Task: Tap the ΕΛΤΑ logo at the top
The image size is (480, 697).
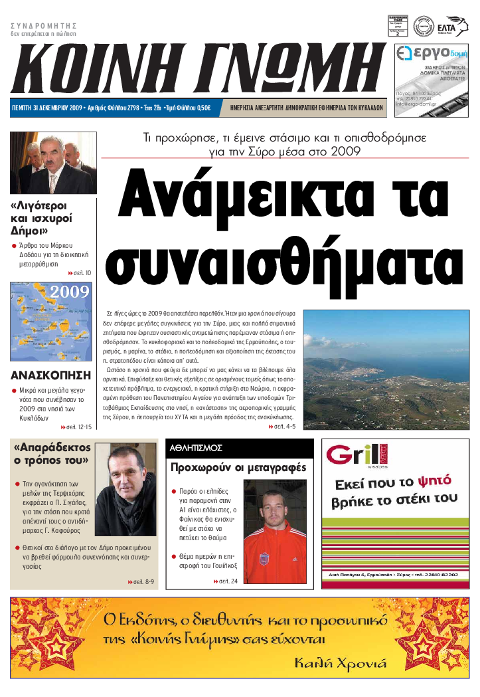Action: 456,26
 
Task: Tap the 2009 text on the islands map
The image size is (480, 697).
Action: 70,292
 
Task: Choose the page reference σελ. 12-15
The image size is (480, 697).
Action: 78,427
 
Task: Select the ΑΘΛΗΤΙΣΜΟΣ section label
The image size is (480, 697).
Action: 196,448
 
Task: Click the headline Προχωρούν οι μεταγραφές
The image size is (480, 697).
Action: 238,468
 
